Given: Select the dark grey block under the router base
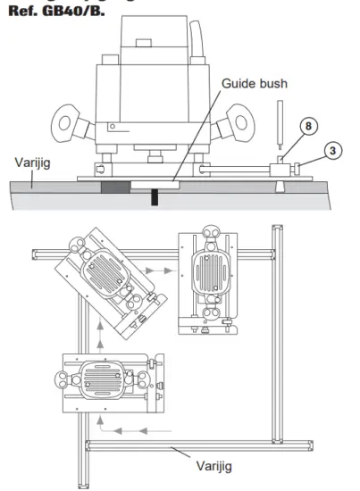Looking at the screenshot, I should tap(115, 187).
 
